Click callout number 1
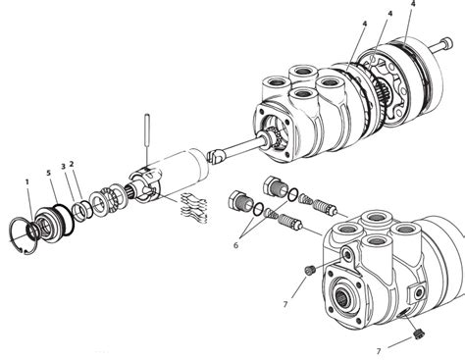click(x=27, y=181)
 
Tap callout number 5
click(x=49, y=174)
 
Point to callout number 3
click(x=64, y=166)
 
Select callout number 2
click(x=72, y=164)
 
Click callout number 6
click(x=236, y=245)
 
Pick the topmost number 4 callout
click(x=413, y=4)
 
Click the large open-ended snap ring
click(x=23, y=235)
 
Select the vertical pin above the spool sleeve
click(x=147, y=139)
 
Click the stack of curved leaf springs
click(x=194, y=208)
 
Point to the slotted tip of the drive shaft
click(x=214, y=156)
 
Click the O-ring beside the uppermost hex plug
click(x=293, y=194)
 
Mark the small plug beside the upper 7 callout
click(x=309, y=271)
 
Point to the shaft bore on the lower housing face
click(x=342, y=296)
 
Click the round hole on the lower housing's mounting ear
click(x=345, y=253)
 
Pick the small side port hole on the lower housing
click(x=417, y=293)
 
